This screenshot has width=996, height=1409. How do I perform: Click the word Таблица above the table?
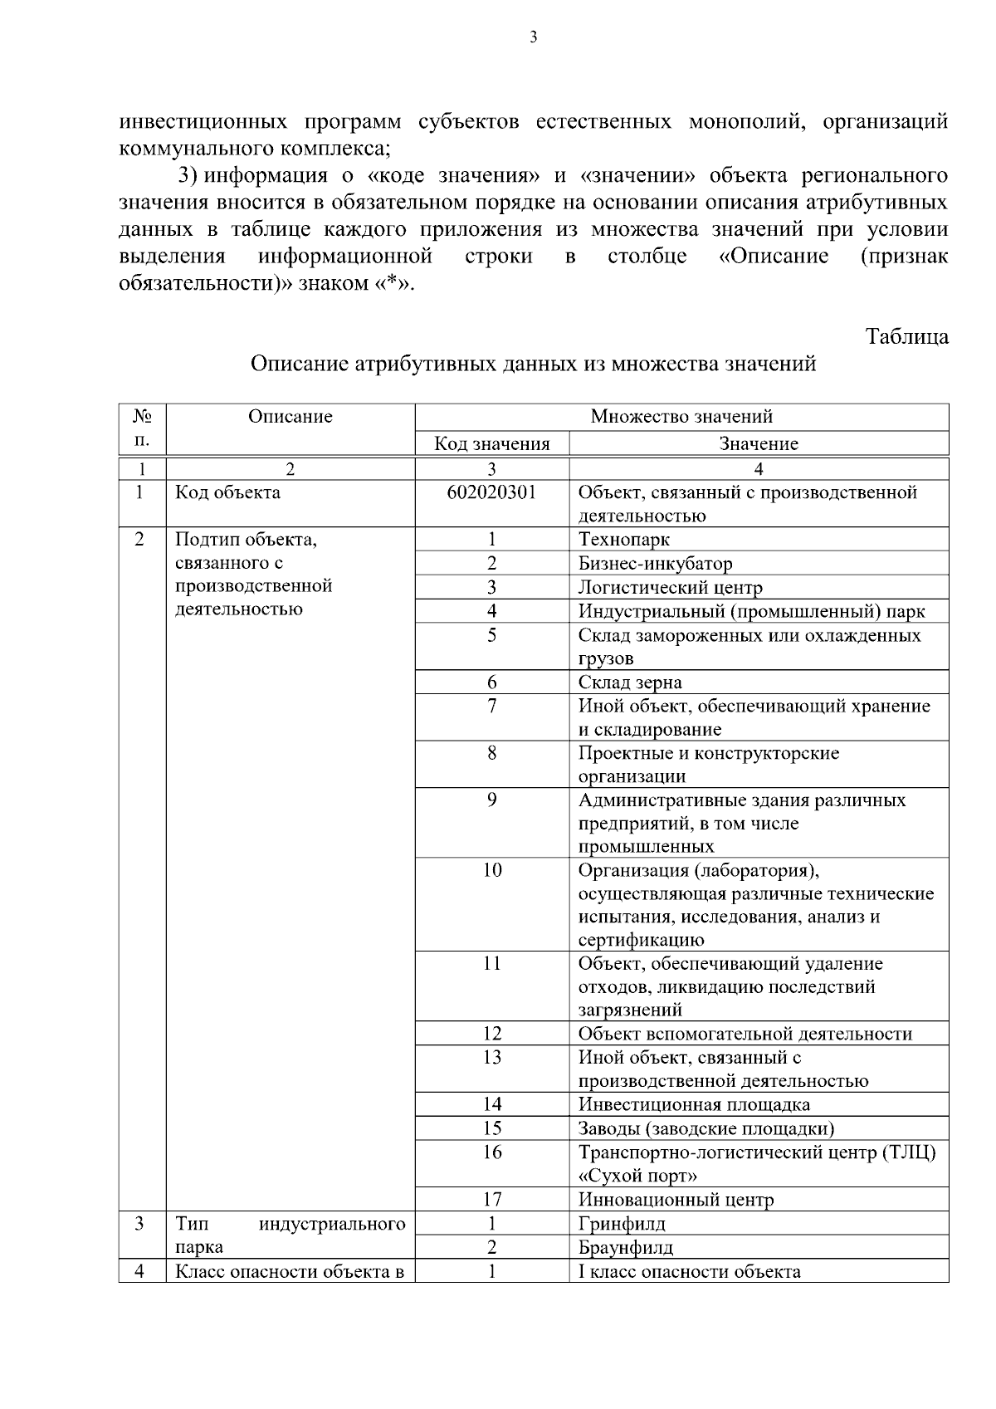[906, 336]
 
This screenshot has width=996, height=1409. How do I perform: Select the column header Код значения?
[492, 443]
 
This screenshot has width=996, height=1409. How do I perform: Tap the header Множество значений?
[681, 416]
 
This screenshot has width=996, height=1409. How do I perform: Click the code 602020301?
[491, 492]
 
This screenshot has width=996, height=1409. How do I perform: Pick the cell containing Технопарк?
[624, 540]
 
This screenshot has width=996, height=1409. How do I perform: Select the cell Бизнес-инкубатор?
[655, 564]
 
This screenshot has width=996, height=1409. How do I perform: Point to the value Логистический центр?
[670, 588]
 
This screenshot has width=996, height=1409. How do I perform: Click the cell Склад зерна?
[630, 682]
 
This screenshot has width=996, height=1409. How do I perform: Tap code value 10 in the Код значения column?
[492, 870]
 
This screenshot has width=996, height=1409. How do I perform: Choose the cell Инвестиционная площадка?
[694, 1104]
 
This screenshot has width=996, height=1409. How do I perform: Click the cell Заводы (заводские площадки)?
[705, 1128]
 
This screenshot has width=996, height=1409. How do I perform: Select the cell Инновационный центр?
[676, 1200]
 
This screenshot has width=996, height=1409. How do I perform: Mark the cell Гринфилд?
[622, 1224]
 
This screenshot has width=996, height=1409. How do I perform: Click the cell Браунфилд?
[626, 1247]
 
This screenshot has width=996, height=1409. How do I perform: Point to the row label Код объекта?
[227, 492]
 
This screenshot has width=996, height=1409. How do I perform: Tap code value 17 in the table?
[492, 1200]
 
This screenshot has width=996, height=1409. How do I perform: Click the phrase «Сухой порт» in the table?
[637, 1176]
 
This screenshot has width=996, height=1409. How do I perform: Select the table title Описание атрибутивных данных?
[533, 364]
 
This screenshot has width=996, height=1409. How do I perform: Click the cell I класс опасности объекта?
[689, 1271]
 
